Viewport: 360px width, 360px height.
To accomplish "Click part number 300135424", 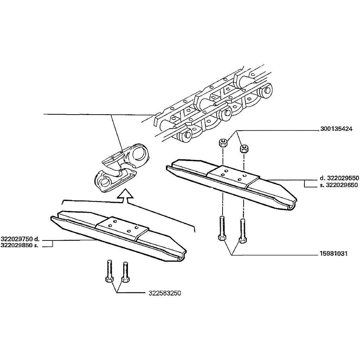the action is point(336,129).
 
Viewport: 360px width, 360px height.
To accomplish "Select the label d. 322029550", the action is point(339,178).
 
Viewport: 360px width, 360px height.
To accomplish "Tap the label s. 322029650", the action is point(339,185).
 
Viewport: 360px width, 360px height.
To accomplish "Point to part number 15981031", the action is point(334,254).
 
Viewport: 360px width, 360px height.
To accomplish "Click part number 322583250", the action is point(165,293).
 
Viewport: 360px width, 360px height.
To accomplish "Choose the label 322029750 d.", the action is point(20,239).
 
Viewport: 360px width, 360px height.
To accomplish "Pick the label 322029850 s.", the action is point(20,245).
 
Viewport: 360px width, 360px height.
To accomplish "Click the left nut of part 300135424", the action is point(223,143).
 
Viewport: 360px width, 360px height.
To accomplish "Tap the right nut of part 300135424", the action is point(244,148).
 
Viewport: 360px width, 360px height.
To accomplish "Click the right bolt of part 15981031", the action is point(243,231).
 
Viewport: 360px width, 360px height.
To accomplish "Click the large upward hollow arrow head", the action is point(125,194).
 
